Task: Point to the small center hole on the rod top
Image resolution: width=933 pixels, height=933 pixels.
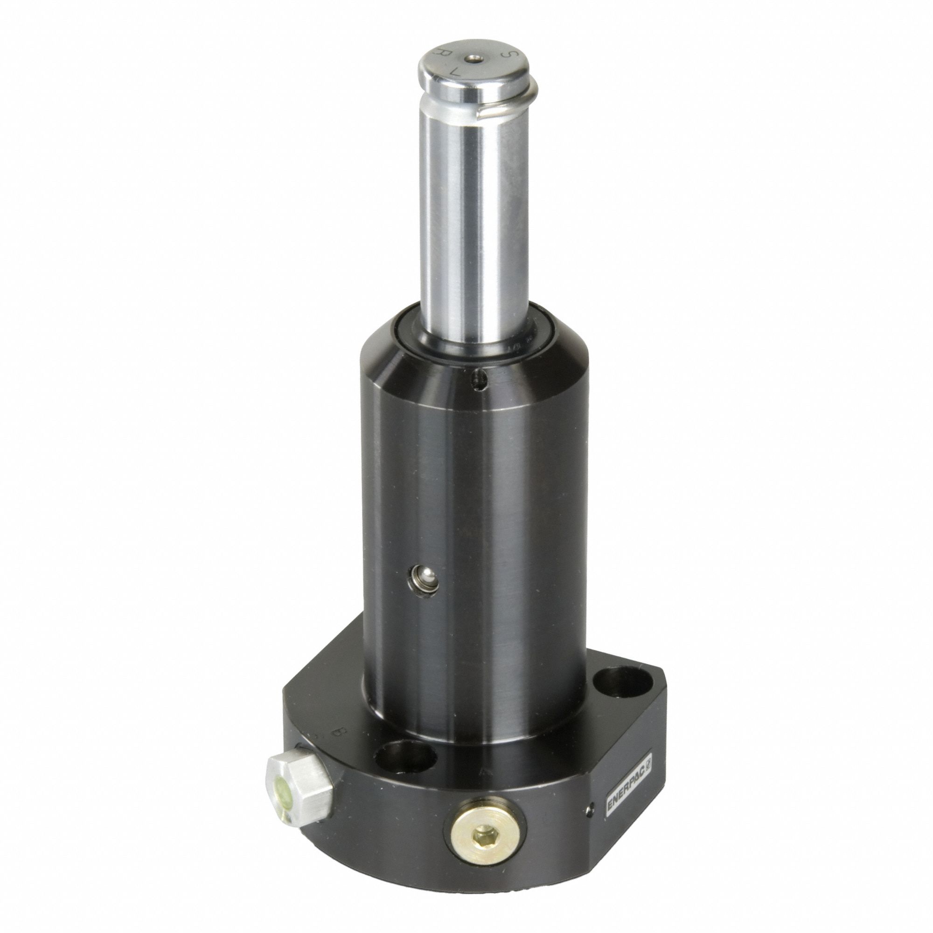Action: (471, 58)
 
